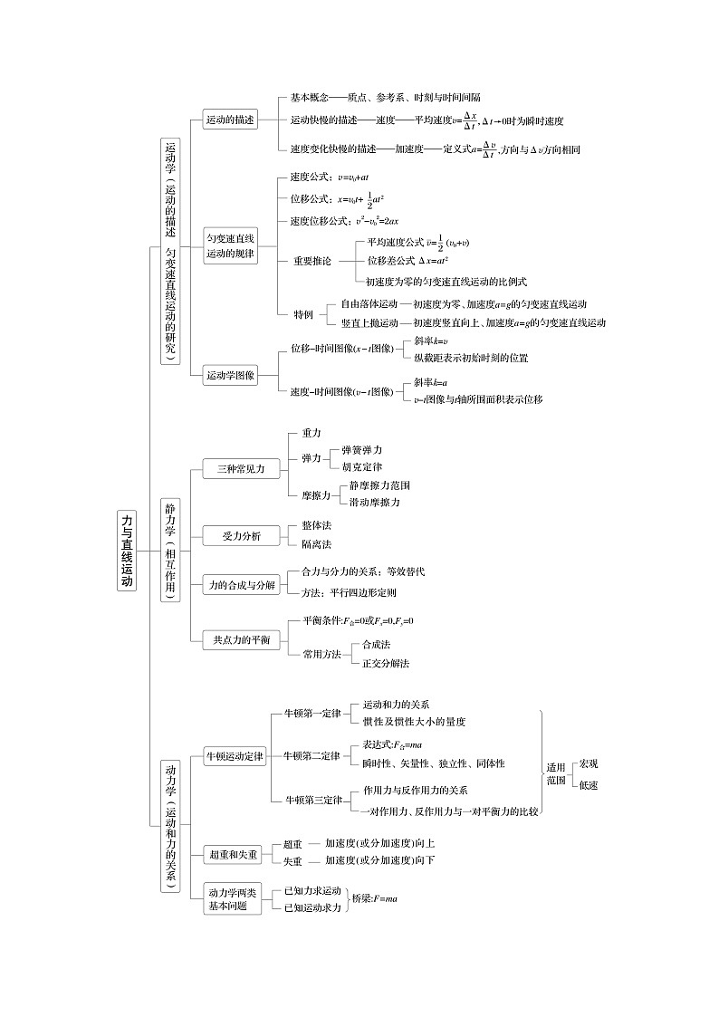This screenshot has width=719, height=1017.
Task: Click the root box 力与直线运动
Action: [x=127, y=551]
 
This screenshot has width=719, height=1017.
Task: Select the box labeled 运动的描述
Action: [x=230, y=120]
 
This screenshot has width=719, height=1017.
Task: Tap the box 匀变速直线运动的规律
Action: [x=231, y=245]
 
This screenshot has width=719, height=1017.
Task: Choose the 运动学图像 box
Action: [x=230, y=375]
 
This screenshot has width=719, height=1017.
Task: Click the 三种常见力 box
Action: [x=234, y=469]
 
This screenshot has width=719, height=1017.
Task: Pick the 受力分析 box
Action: [x=240, y=536]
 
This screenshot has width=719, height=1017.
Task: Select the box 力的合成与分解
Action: [x=240, y=586]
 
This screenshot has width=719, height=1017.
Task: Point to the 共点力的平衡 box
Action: [x=240, y=639]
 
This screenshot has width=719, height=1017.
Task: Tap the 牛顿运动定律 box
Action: [x=235, y=756]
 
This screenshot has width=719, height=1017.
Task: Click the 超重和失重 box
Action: [x=233, y=854]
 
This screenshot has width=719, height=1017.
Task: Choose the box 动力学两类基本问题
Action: [x=232, y=898]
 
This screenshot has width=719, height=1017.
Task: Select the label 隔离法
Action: [x=316, y=544]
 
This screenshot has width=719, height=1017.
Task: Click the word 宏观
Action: [x=589, y=764]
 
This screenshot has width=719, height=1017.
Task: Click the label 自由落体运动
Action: [x=369, y=304]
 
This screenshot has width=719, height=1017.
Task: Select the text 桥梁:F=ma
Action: [x=375, y=898]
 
